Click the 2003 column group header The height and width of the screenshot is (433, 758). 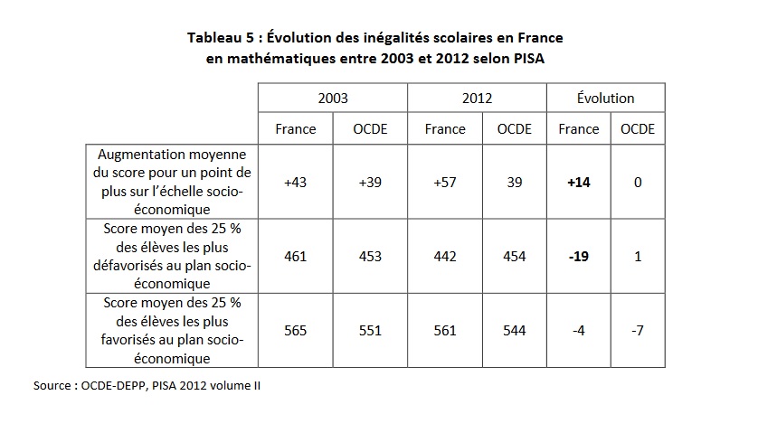pos(333,98)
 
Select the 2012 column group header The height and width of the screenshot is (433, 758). pos(477,98)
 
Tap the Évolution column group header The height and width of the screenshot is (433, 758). pos(605,98)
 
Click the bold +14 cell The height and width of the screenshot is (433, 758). pos(579,183)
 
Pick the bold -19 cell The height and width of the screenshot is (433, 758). pos(579,257)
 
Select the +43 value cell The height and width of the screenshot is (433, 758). pos(296,183)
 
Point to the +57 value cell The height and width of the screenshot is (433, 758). pos(444,183)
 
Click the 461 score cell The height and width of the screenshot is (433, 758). pos(296,257)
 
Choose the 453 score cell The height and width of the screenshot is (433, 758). pos(370,257)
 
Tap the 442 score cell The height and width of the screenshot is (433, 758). pos(444,257)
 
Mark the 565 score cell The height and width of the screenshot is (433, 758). pos(296,331)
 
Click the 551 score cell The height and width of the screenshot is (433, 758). pos(370,331)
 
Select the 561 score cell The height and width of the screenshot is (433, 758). pos(444,331)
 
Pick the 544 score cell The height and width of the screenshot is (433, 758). pos(514,331)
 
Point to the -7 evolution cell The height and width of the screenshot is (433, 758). pos(638,331)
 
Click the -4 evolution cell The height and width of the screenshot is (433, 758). pos(579,331)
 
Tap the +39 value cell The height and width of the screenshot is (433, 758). pos(370,183)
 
